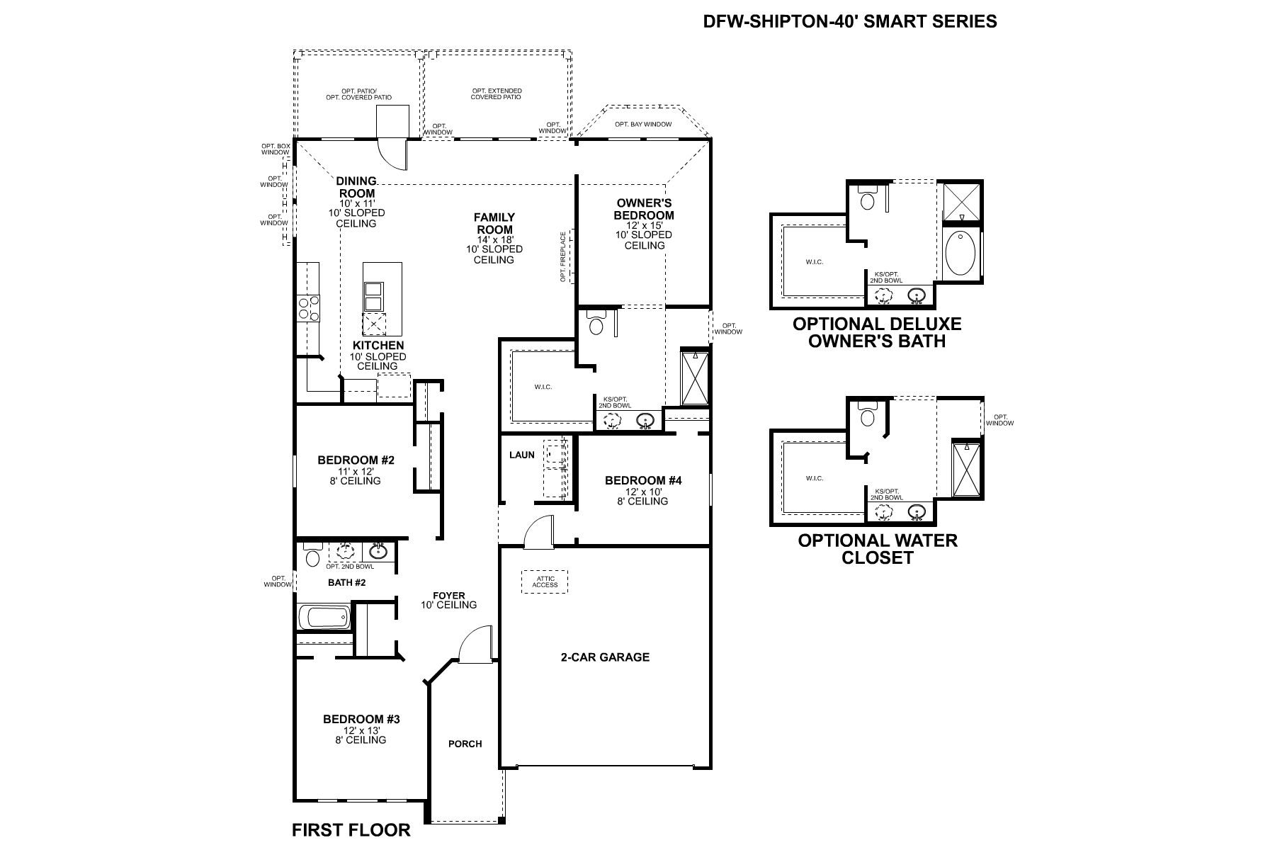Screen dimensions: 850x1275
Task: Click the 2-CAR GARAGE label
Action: coord(604,657)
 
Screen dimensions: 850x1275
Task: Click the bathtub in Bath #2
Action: coord(324,617)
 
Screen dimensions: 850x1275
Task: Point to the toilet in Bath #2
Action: coord(312,557)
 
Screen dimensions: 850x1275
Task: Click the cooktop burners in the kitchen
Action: coord(308,308)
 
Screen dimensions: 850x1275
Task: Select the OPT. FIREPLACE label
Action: coord(564,256)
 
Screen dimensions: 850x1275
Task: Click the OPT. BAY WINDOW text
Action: coord(642,124)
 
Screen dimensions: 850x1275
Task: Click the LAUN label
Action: coord(522,455)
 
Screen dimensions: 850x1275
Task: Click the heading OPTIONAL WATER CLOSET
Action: coord(877,548)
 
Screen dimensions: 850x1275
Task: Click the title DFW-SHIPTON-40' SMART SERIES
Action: coord(849,21)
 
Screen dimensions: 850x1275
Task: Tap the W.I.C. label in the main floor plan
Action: coord(543,387)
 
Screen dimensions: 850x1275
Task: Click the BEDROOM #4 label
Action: coord(642,480)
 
